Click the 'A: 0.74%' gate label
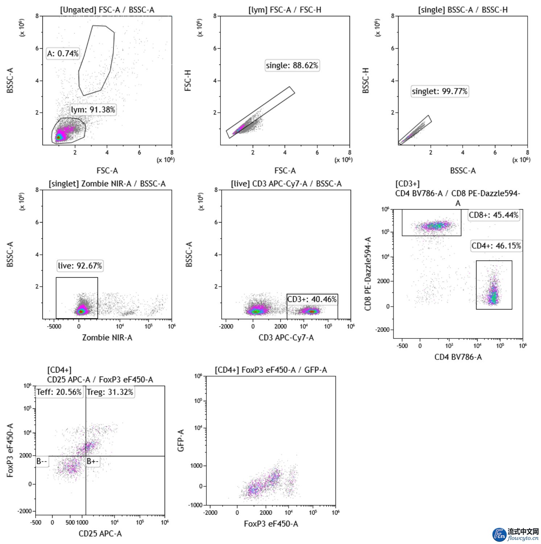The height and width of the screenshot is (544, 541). point(63,54)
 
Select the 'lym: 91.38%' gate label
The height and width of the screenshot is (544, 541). point(93,110)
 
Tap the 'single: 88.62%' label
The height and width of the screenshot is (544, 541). point(292,66)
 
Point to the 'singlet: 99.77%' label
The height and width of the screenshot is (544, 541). point(439,91)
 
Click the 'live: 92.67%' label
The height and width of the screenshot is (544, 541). point(80,266)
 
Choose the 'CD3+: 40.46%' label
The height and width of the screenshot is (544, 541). point(312,299)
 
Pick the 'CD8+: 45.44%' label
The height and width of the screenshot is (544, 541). point(493,215)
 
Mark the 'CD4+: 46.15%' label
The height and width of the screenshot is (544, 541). point(496,246)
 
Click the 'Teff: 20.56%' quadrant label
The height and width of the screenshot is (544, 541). point(59,392)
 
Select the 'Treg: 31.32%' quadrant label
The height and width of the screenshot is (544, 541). point(110,392)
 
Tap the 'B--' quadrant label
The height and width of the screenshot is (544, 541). point(42,461)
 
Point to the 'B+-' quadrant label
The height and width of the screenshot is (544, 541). point(92,461)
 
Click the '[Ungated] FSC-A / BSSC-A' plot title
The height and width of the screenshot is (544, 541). point(107,10)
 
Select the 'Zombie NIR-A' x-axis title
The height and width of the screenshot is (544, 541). point(107,338)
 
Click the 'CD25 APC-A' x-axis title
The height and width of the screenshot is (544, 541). point(100,533)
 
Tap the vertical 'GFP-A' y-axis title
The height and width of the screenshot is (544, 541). point(181,440)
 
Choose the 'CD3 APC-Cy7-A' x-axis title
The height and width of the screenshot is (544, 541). point(286,338)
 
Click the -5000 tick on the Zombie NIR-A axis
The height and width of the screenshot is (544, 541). point(54,326)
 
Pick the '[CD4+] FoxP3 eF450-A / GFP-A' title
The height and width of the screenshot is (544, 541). point(270,370)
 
